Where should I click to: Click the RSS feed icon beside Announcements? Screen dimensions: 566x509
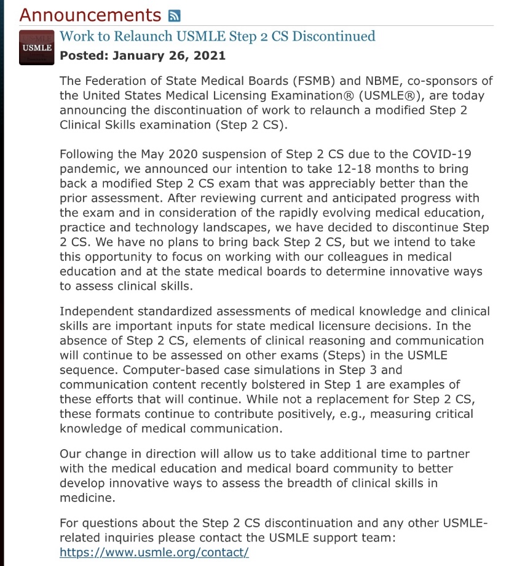[x=175, y=15]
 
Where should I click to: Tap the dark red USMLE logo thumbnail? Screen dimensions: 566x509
[x=37, y=47]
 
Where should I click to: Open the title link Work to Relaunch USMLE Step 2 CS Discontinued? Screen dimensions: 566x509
[x=217, y=36]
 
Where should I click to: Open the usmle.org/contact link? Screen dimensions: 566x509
[x=154, y=552]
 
